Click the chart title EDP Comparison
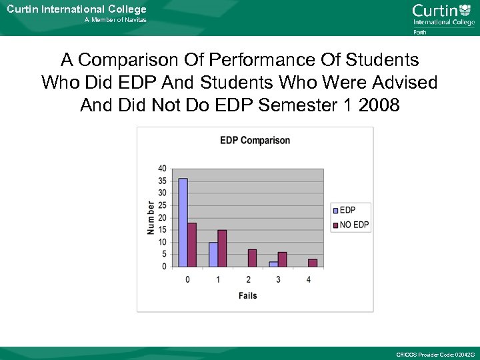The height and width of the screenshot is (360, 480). [x=255, y=141]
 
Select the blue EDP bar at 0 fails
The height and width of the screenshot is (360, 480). [x=183, y=223]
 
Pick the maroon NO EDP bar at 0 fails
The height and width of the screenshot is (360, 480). [x=192, y=245]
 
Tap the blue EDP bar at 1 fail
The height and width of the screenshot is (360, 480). [x=213, y=255]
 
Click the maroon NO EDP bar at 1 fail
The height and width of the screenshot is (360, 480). [x=222, y=248]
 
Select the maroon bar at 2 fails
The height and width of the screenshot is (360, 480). [x=252, y=258]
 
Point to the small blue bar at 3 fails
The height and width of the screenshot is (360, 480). [x=273, y=264]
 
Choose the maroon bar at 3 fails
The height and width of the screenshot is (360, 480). [x=282, y=259]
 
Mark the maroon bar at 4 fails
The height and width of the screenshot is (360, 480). [x=313, y=263]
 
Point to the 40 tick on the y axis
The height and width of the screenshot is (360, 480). [x=162, y=169]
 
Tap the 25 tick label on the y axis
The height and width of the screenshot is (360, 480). [x=162, y=205]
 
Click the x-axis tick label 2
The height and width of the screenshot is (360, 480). [x=248, y=279]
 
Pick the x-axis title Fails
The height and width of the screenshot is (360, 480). [x=247, y=295]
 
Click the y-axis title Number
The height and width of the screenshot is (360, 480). [x=151, y=217]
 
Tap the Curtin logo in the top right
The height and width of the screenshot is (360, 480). [x=443, y=15]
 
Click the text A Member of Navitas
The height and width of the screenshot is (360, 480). [x=115, y=20]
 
